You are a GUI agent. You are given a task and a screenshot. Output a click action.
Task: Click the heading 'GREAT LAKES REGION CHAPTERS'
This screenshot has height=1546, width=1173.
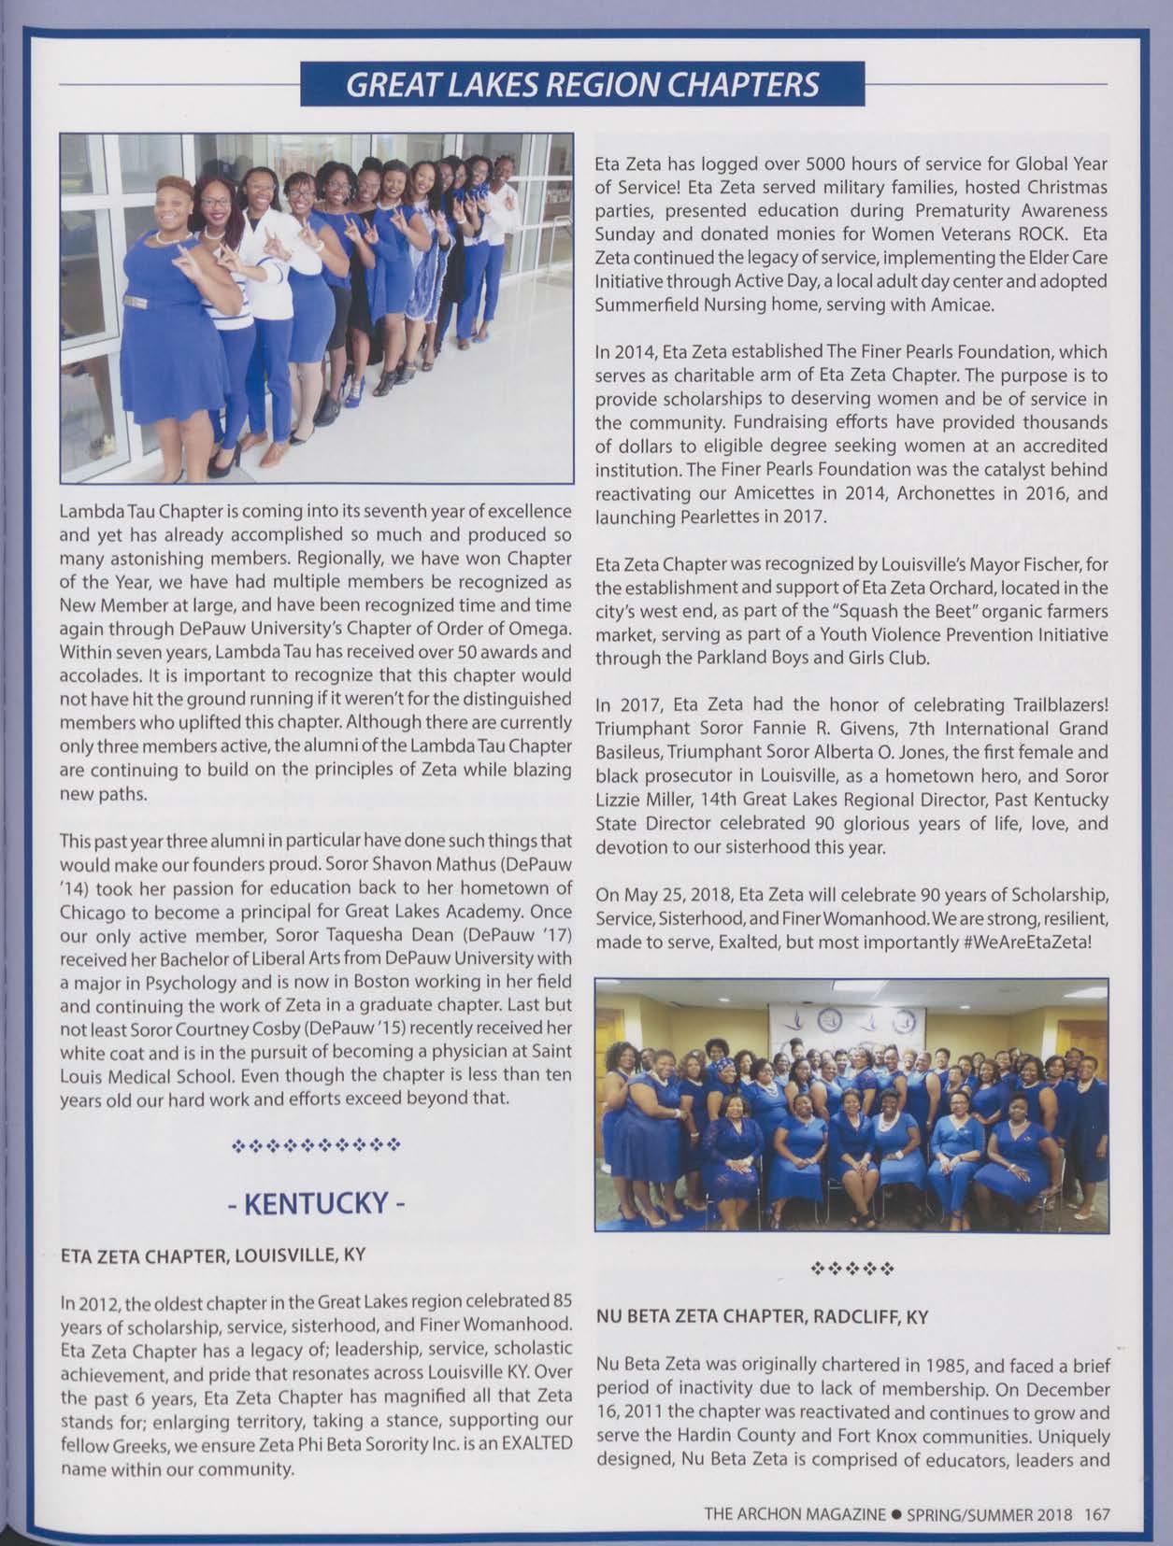pyautogui.click(x=581, y=85)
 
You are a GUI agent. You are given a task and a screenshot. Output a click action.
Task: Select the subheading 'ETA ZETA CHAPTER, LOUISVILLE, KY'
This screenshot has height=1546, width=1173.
pyautogui.click(x=212, y=1255)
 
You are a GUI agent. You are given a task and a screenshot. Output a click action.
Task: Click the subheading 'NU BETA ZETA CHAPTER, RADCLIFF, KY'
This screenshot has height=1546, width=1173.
pyautogui.click(x=762, y=1317)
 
